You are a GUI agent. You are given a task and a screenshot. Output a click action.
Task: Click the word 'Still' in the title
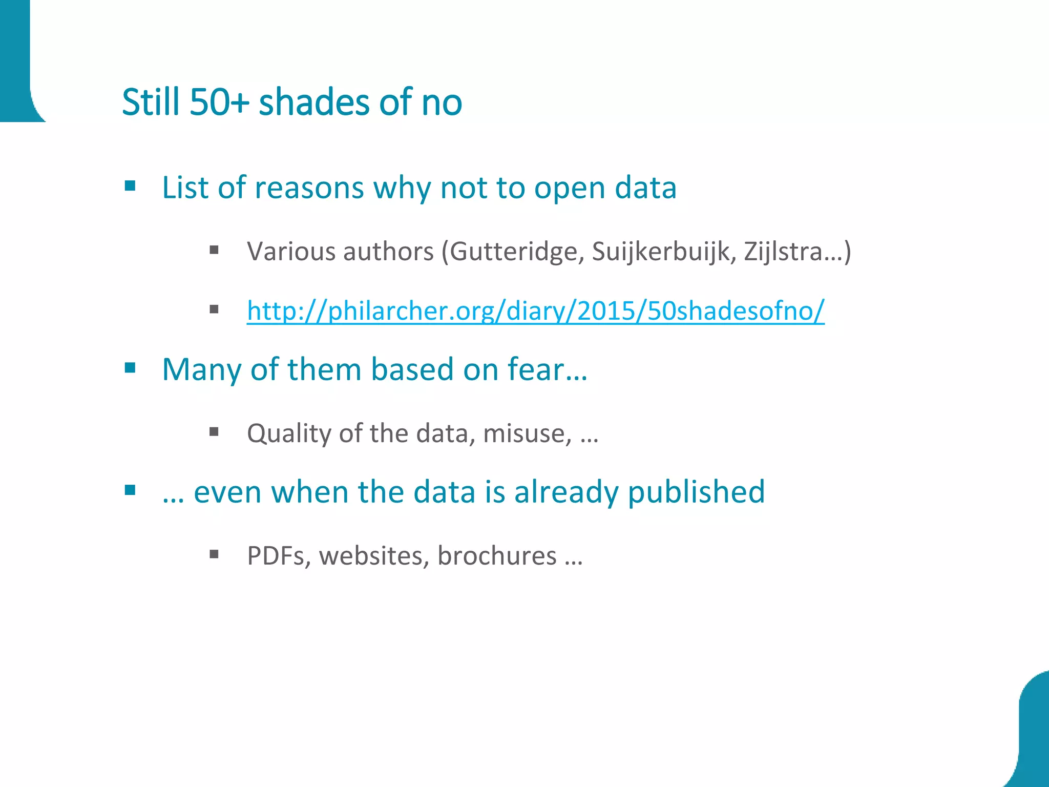click(x=151, y=102)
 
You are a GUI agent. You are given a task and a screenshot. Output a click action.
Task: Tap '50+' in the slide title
click(x=219, y=102)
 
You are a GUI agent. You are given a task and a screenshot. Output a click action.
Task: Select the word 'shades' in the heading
click(x=313, y=102)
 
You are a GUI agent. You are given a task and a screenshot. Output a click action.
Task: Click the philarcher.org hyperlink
click(x=535, y=310)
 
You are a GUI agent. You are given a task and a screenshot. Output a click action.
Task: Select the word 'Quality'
click(x=289, y=433)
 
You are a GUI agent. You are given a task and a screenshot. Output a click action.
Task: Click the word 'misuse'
click(x=527, y=433)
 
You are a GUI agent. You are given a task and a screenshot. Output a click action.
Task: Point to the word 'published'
click(x=696, y=492)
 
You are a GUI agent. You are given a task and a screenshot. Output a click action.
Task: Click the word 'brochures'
click(x=496, y=556)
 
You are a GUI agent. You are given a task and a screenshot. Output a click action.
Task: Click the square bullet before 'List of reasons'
click(x=130, y=185)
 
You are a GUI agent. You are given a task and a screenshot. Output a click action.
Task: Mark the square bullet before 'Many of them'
click(x=130, y=367)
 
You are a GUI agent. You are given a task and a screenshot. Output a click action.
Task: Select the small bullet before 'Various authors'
click(x=214, y=250)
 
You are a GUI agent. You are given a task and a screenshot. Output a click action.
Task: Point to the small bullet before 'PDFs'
click(x=214, y=554)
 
